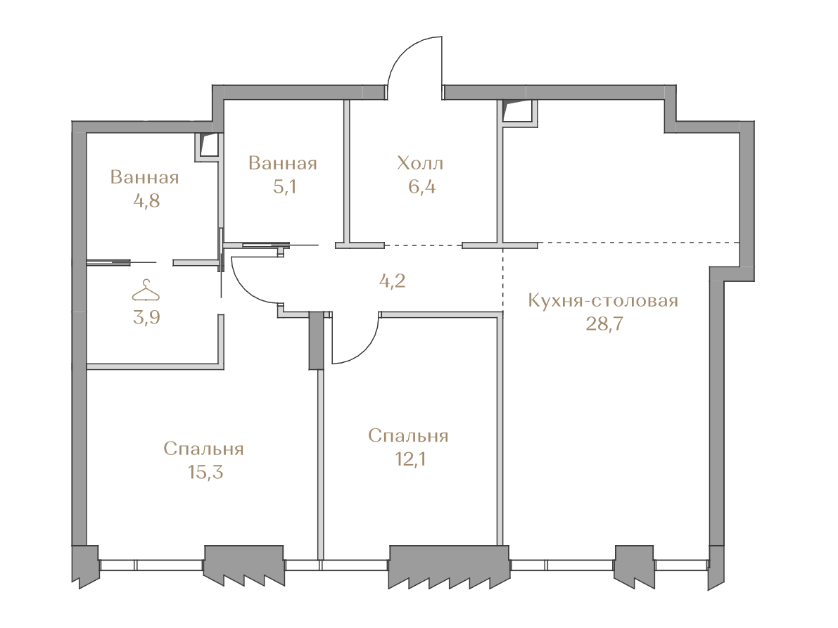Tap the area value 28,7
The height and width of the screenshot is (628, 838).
[x=604, y=323]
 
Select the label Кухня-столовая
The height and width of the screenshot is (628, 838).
[x=603, y=300]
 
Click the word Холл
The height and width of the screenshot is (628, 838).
[x=420, y=163]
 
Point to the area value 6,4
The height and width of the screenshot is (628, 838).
[x=421, y=187]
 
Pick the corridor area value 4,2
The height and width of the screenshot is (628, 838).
[x=393, y=281]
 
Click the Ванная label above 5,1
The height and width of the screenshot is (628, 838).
[x=283, y=163]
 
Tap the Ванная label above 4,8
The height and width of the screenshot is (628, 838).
[x=144, y=177]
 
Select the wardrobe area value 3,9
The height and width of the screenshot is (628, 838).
[x=146, y=317]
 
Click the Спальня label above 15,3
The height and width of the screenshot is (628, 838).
[x=203, y=449]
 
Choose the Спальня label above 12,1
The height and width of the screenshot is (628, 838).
[x=408, y=436]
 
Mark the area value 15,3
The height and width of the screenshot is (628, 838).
[x=205, y=472]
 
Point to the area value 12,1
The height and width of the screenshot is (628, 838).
[x=410, y=459]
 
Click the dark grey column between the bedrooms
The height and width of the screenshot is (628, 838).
[x=316, y=340]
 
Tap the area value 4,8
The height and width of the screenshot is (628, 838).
[x=146, y=201]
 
